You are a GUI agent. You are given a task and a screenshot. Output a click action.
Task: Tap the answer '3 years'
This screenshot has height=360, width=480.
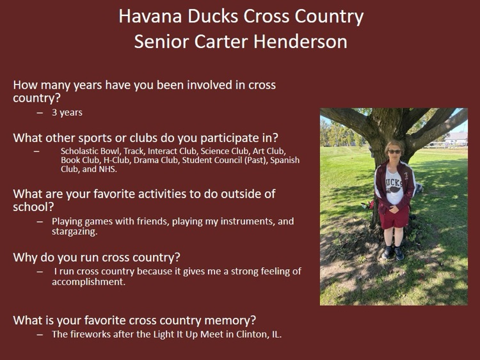coord(67,113)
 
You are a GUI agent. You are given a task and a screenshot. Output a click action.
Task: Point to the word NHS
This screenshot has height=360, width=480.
coord(108,169)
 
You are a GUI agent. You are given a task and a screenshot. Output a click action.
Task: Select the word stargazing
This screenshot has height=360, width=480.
coord(74,231)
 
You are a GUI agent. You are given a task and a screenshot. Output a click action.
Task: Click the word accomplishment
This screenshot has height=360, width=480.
coord(88,281)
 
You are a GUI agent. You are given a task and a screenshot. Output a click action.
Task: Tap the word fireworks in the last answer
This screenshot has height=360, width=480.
coord(89,334)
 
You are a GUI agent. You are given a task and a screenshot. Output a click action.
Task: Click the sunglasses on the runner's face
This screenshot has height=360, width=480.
coord(394,152)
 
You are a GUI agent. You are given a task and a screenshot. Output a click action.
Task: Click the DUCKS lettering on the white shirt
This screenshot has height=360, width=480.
coord(395,177)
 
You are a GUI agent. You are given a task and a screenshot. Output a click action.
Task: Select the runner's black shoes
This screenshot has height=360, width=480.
coord(394,253)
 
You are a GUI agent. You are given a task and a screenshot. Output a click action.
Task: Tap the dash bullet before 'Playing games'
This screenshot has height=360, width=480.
coord(40,221)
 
